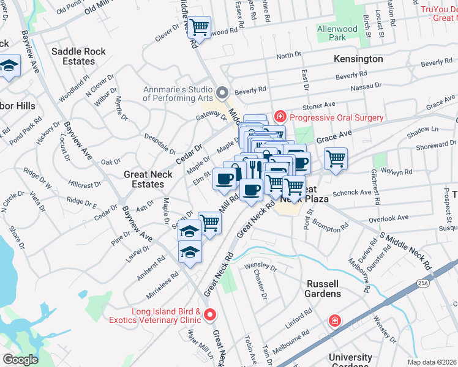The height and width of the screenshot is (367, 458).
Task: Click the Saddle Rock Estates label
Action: pos(78,56)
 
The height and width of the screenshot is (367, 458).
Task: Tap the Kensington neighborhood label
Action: pos(358,59)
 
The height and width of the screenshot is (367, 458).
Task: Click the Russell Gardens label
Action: pos(323,288)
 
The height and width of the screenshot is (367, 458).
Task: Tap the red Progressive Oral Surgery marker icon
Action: pos(280,116)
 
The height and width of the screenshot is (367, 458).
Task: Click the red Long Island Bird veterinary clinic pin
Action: pos(210,314)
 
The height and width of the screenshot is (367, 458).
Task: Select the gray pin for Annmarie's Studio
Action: pos(222,93)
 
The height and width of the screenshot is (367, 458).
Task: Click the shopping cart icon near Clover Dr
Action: pos(199,27)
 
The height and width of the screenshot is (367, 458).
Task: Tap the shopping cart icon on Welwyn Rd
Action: pos(336,158)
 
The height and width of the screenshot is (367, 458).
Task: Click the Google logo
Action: pos(20,360)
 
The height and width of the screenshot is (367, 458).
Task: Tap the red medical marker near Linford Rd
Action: pos(334,320)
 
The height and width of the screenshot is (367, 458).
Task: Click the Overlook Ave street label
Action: pos(388,218)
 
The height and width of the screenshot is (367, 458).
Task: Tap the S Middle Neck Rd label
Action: pos(405,251)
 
